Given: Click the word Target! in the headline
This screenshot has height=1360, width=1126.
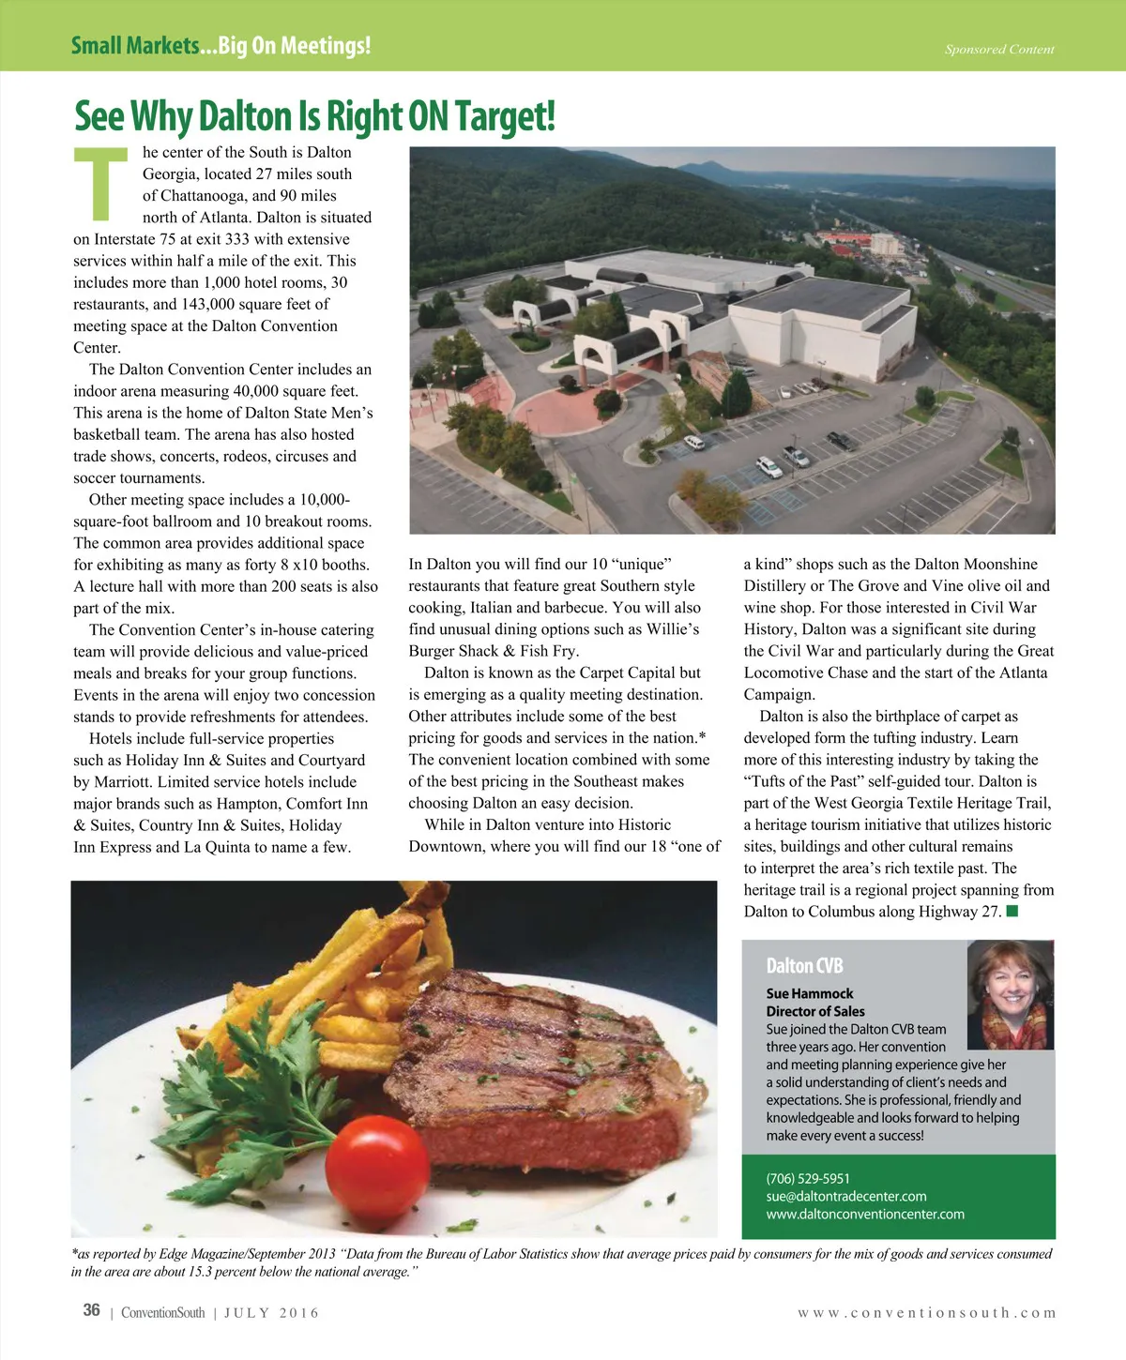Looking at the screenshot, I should pyautogui.click(x=505, y=116).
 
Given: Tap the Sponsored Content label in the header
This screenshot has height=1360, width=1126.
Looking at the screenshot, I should pyautogui.click(x=999, y=49).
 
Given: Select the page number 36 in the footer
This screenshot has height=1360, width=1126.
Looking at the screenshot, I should pyautogui.click(x=91, y=1310).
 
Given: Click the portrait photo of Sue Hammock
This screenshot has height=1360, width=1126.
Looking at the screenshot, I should pyautogui.click(x=1010, y=994).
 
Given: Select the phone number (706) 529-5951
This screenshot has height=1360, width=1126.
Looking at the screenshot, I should pyautogui.click(x=808, y=1178).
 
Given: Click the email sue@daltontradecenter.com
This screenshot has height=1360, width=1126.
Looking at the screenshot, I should pyautogui.click(x=846, y=1196).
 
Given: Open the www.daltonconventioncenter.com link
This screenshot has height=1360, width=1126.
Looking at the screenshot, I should pyautogui.click(x=865, y=1214).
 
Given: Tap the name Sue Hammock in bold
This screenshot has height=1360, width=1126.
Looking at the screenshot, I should pyautogui.click(x=810, y=993).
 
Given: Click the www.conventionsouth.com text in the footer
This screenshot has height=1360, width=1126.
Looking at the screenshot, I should pyautogui.click(x=927, y=1312).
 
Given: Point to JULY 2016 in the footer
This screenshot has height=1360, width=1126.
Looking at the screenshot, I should pyautogui.click(x=271, y=1312).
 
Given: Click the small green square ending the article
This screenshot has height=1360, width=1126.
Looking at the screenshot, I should pyautogui.click(x=1012, y=911).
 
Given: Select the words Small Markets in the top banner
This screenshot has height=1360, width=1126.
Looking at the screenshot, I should pyautogui.click(x=135, y=45).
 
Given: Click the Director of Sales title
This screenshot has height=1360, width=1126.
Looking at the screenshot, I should pyautogui.click(x=815, y=1011).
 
